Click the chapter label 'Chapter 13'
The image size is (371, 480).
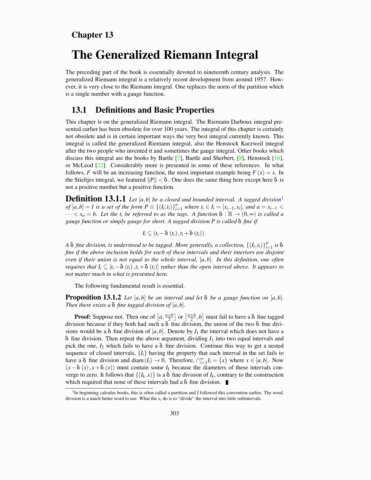tap(92, 35)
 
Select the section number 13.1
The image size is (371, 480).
tap(79, 110)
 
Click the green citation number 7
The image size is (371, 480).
tap(179, 158)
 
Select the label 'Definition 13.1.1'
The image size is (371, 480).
tap(95, 199)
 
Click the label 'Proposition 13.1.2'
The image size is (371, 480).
tap(93, 297)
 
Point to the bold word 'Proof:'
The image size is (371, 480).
tap(82, 317)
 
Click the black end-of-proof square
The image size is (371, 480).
tap(227, 382)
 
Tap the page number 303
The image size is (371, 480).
tap(174, 413)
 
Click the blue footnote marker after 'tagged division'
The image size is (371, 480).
tap(282, 198)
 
